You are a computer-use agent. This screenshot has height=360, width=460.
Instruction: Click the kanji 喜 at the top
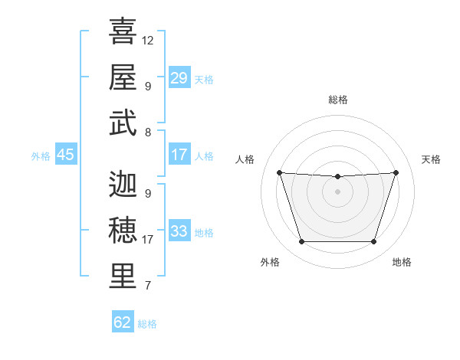coord(123,31)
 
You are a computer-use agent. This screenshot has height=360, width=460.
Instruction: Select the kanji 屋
coord(123,77)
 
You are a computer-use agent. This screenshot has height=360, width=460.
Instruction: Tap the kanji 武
coord(123,123)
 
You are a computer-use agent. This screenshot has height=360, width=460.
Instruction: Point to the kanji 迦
coord(123,184)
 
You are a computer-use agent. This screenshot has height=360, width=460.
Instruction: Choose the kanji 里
coord(123,277)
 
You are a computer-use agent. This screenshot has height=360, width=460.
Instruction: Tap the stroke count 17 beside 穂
coord(148,240)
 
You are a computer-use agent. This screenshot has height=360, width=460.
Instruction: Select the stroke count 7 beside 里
coord(147,286)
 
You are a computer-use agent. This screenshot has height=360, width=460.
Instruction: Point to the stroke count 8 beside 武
coord(147,132)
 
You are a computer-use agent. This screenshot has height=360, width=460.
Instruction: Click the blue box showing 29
coord(179,78)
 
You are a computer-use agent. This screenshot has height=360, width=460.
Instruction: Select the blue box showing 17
coord(179,155)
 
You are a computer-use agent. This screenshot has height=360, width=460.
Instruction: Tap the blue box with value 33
coord(179,231)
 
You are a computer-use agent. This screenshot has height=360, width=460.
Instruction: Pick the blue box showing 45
coord(66,155)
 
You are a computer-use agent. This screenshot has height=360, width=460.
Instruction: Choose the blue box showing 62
coord(123,322)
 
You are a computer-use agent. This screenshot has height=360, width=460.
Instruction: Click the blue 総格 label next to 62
coord(147,324)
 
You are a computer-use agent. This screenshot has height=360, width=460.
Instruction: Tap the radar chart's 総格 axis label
coord(337,100)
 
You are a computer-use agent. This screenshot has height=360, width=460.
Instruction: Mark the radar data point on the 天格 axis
coord(396,172)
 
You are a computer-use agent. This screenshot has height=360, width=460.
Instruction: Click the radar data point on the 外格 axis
coord(301,242)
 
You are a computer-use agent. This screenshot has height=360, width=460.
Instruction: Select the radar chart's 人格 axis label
coord(245,159)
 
